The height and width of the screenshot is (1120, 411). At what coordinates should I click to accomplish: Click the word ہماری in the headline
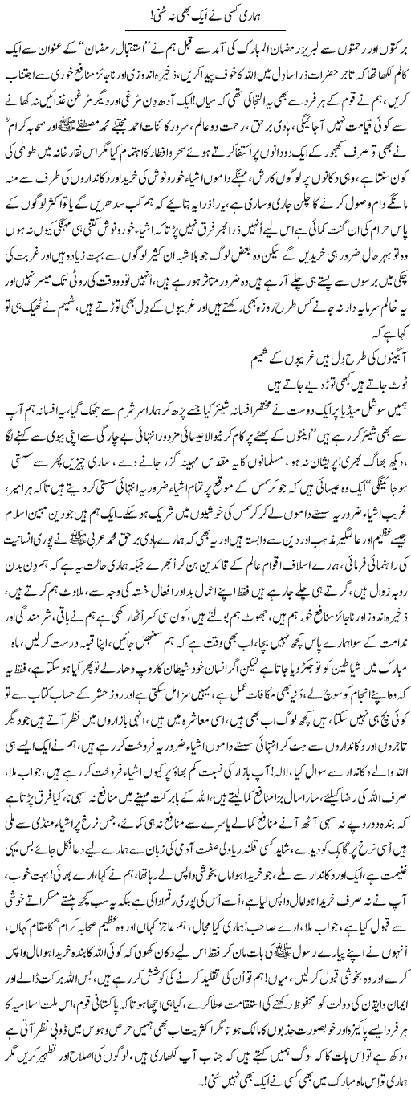(256, 14)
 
